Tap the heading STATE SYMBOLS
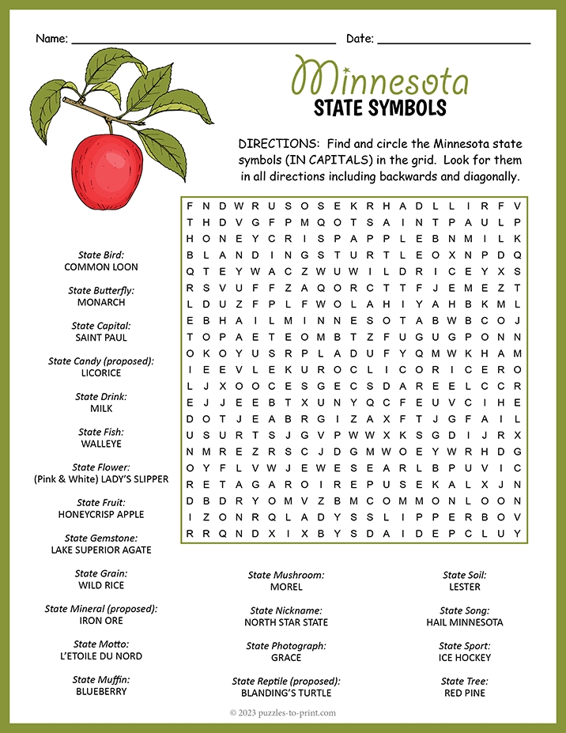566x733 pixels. [x=380, y=108]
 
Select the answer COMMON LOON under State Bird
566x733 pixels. [x=101, y=267]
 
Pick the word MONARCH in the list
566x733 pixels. [x=101, y=302]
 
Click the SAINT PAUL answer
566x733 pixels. [x=101, y=338]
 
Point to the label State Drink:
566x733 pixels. [x=101, y=397]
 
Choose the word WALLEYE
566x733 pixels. [x=101, y=444]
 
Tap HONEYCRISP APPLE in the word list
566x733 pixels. [x=101, y=514]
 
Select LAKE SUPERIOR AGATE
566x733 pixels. [x=101, y=550]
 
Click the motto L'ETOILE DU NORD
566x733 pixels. [x=101, y=656]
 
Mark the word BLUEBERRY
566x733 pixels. [x=101, y=691]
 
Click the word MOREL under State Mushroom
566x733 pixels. [x=286, y=587]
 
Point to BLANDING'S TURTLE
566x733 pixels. [x=286, y=693]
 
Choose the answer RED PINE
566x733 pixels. [x=465, y=693]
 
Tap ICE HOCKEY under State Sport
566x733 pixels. [x=465, y=657]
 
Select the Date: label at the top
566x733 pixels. [x=360, y=39]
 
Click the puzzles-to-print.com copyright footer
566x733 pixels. [x=283, y=712]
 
